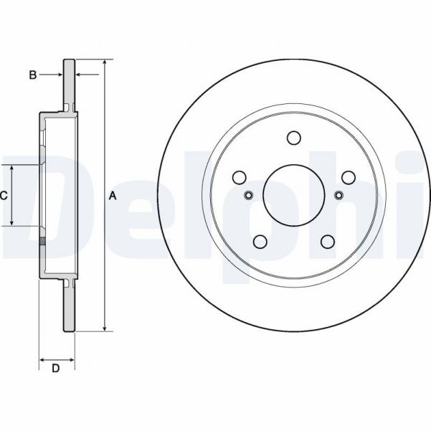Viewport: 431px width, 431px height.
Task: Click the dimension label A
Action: click(x=113, y=195)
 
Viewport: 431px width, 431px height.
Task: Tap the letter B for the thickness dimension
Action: click(x=32, y=74)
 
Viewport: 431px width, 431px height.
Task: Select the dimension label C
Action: click(x=4, y=195)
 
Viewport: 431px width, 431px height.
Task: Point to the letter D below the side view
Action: click(x=55, y=369)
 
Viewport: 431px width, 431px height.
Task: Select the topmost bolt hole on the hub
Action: click(x=293, y=137)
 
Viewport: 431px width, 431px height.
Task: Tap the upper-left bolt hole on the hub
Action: click(x=240, y=176)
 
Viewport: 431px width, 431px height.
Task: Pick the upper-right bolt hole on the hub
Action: click(x=349, y=176)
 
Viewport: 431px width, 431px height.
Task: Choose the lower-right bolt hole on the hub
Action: click(x=328, y=242)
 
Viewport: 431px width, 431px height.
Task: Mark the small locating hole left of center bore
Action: click(x=249, y=196)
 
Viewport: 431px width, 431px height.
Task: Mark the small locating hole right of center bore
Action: click(x=338, y=196)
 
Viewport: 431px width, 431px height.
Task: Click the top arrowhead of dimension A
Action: click(x=105, y=64)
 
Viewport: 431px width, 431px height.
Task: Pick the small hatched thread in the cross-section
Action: click(x=42, y=241)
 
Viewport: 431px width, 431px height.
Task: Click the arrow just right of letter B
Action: click(x=80, y=74)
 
